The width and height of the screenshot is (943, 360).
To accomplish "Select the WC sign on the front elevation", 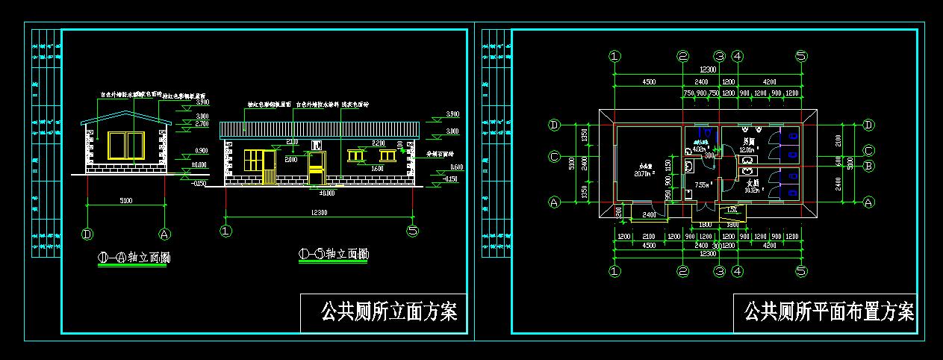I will click(317, 144).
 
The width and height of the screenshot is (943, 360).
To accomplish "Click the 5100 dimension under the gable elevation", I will click(125, 199).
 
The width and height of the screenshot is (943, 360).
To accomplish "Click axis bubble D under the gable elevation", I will click(88, 233).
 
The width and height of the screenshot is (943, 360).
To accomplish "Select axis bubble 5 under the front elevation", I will click(412, 231).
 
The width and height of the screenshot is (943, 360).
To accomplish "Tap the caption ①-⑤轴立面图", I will click(333, 255).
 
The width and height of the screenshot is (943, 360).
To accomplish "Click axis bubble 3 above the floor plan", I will click(719, 56).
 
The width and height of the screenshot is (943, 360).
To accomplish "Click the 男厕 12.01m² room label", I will click(747, 146).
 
